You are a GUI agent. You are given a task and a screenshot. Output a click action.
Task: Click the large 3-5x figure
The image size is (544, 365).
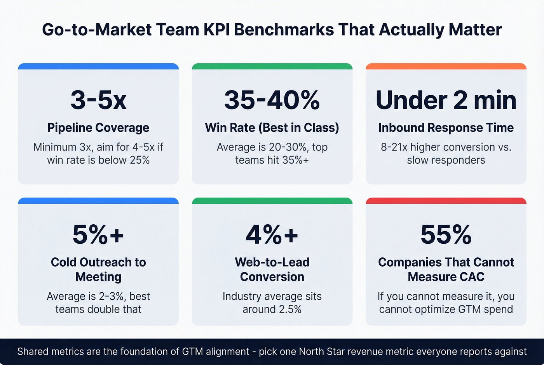tap(98, 100)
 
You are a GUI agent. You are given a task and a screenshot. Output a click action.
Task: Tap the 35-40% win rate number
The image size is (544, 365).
tap(272, 100)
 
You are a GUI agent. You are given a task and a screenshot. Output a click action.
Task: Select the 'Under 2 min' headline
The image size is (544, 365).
tap(446, 100)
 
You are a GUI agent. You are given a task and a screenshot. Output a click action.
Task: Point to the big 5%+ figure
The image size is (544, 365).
tap(98, 235)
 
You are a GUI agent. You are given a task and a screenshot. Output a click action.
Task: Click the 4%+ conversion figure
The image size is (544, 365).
tap(272, 235)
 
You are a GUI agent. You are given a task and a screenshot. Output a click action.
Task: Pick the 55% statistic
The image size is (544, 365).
tap(446, 235)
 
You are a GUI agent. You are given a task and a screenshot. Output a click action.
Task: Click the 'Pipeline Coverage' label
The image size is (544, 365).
tap(98, 128)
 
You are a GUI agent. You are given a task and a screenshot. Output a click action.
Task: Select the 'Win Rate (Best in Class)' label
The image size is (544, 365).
tap(272, 128)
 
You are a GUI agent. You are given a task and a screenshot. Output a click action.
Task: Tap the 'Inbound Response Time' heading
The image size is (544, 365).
tap(446, 128)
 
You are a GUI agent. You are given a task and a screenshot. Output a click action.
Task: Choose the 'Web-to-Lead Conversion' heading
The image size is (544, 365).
tap(272, 269)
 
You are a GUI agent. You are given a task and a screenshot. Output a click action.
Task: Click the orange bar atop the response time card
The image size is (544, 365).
tap(446, 66)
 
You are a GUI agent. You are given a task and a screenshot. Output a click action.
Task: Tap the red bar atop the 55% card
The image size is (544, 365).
tap(446, 201)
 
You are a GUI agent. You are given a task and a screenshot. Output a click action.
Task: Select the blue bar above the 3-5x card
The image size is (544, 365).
tap(98, 66)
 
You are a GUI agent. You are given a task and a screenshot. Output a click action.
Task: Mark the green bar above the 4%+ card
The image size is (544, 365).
tap(272, 201)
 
